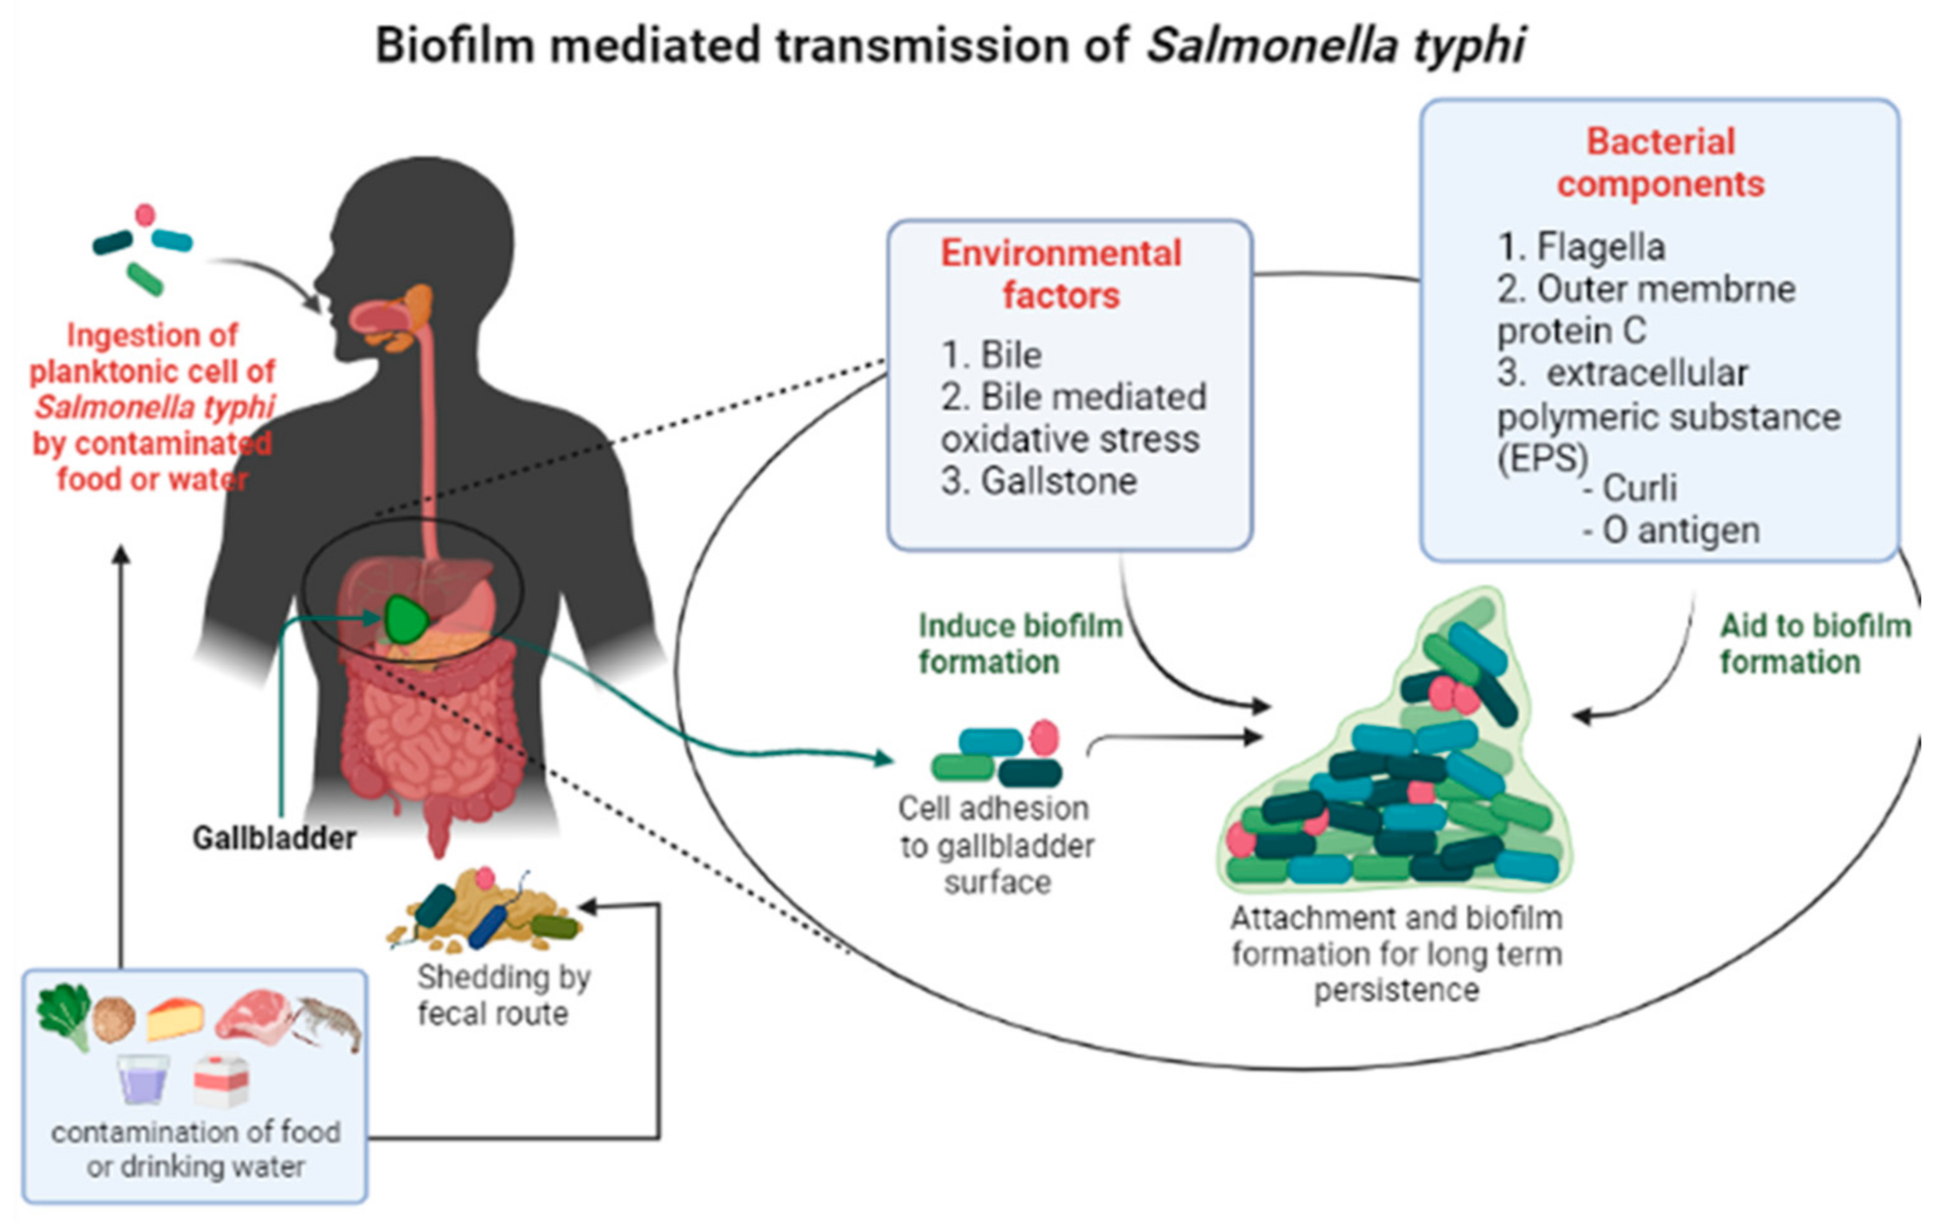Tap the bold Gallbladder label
pos(274,838)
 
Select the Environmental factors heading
pos(1061,275)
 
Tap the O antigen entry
pos(1672,531)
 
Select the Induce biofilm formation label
pos(1020,644)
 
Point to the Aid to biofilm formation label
pos(1815,644)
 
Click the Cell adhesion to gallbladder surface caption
pos(997,846)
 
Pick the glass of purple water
pos(143,1079)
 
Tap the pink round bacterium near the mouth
pos(145,215)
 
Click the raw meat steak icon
pos(254,1017)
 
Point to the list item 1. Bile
pos(991,356)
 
